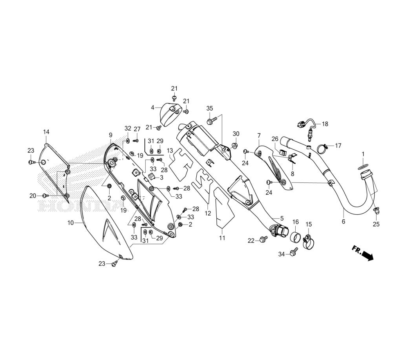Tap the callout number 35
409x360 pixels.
pyautogui.click(x=210, y=108)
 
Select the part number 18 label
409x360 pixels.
pyautogui.click(x=325, y=124)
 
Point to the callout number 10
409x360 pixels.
pyautogui.click(x=70, y=223)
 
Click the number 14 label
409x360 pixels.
pyautogui.click(x=46, y=132)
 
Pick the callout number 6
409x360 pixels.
pyautogui.click(x=343, y=221)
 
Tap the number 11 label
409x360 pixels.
pyautogui.click(x=222, y=238)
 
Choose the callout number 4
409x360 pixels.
pyautogui.click(x=153, y=108)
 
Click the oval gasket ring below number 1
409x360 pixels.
pyautogui.click(x=362, y=167)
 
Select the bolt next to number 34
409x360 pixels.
pyautogui.click(x=293, y=253)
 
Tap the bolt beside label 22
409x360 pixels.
pyautogui.click(x=262, y=241)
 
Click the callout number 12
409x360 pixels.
pyautogui.click(x=207, y=213)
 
